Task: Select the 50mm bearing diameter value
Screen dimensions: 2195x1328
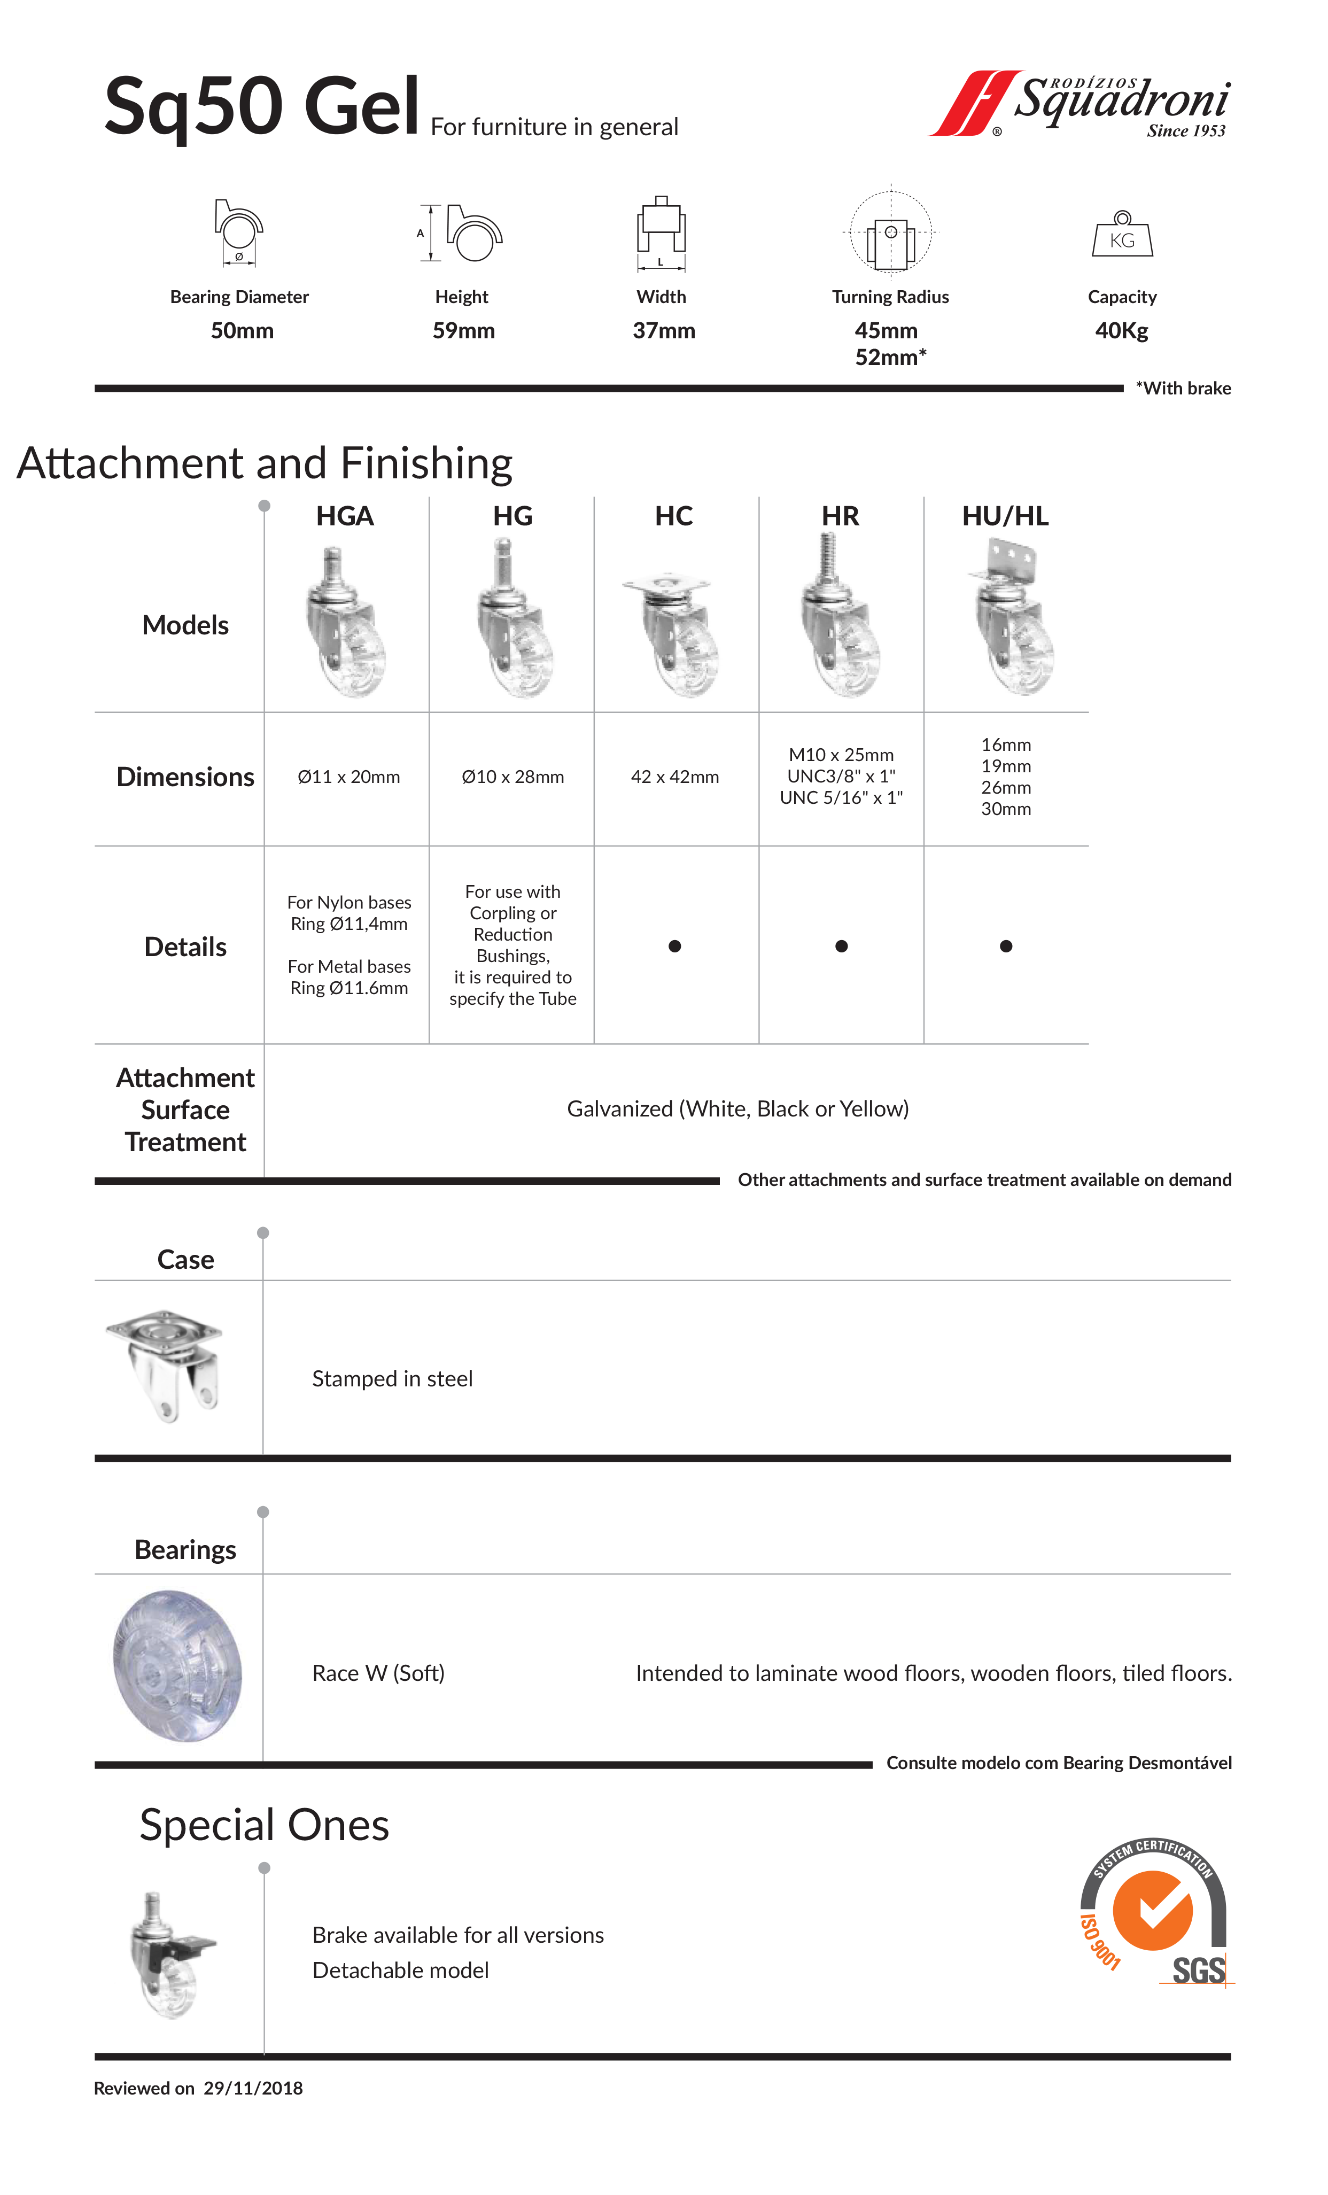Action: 242,330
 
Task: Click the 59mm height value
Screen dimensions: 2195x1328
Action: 463,330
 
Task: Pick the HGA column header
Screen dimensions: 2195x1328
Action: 345,516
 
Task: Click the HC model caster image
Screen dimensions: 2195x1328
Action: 673,632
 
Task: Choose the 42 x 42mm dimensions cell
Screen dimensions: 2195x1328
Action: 674,777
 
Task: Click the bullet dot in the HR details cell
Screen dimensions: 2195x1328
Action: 841,946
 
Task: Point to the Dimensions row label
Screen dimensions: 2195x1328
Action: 185,777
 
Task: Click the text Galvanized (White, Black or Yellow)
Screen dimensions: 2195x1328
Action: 737,1109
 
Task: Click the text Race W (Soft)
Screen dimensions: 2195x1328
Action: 378,1673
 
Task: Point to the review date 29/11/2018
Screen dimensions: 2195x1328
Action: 253,2088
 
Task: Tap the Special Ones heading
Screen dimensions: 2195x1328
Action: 265,1825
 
